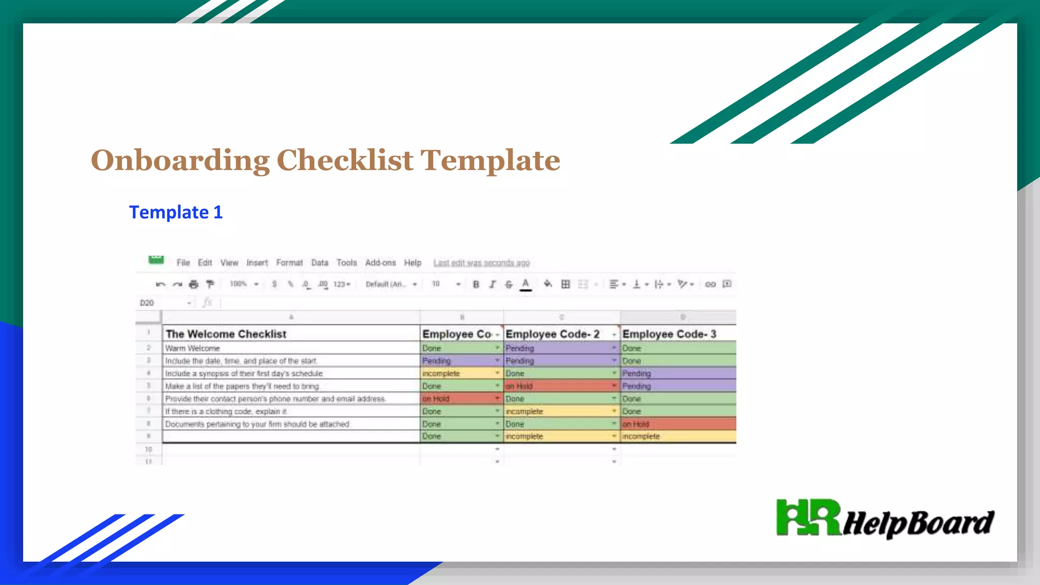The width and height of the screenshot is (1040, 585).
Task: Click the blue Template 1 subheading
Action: coord(176,212)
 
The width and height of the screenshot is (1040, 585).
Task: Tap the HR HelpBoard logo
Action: coord(885,519)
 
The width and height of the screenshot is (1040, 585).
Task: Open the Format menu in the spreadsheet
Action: coord(289,263)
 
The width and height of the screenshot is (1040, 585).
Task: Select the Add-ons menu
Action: coord(380,263)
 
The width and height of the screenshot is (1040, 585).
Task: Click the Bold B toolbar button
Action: coord(476,284)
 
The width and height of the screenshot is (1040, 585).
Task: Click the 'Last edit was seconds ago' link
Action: coord(481,263)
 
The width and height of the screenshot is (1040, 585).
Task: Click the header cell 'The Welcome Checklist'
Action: coord(226,334)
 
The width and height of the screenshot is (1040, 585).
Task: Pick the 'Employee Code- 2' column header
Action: coord(552,334)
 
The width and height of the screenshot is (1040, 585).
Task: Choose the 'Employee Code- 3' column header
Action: coord(669,334)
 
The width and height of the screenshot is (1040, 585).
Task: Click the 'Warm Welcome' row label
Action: coord(192,348)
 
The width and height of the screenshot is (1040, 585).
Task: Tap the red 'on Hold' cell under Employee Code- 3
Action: coord(678,424)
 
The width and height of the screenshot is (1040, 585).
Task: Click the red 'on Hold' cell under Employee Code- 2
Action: coord(559,386)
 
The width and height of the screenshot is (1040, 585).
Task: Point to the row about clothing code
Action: coord(226,411)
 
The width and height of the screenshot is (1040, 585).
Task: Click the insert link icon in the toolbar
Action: coord(710,284)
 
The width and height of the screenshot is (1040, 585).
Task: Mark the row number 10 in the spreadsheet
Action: coord(148,449)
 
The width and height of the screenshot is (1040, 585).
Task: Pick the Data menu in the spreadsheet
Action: coord(319,263)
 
